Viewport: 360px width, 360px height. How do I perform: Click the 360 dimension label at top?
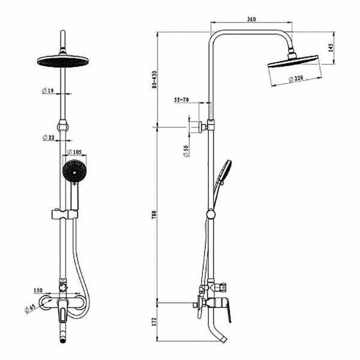[251, 19]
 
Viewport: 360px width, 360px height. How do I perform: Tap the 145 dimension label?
[331, 47]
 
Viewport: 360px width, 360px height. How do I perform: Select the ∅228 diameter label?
[296, 79]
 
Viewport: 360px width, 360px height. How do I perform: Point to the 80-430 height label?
[154, 80]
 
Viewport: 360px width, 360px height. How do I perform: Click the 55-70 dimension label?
[181, 100]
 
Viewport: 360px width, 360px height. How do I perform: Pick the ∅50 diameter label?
[187, 151]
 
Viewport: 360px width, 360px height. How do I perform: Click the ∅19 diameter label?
[47, 91]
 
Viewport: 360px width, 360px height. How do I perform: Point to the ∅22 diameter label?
[49, 137]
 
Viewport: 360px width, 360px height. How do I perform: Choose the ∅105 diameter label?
[74, 152]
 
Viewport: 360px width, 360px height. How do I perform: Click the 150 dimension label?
[38, 290]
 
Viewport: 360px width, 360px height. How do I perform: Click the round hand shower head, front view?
[74, 172]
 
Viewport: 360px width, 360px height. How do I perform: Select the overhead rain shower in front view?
[62, 61]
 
